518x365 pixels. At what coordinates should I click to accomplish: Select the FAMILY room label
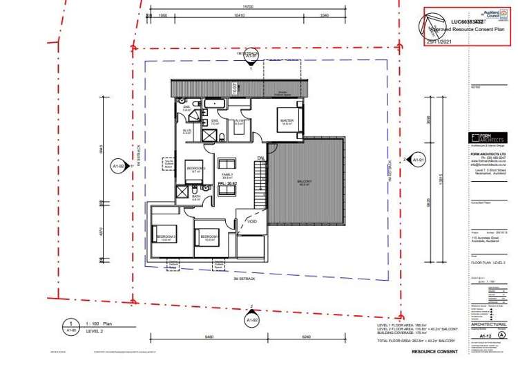click(x=226, y=175)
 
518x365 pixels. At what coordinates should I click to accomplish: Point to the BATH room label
click(x=195, y=196)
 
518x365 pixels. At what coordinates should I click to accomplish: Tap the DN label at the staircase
click(x=260, y=158)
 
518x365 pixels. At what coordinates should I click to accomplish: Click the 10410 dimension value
click(x=240, y=14)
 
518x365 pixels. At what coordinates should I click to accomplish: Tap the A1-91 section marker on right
click(x=416, y=161)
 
